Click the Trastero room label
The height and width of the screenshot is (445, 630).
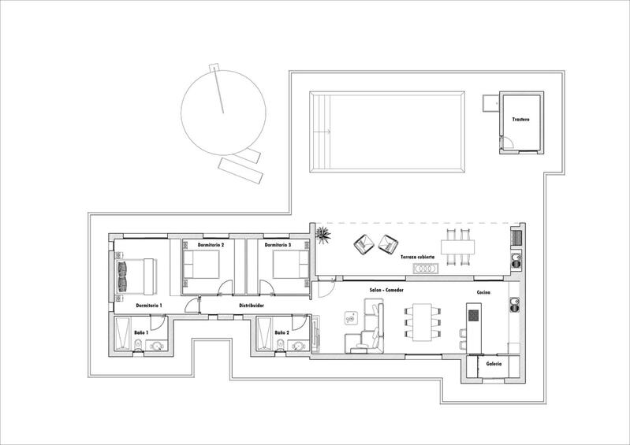point(520,120)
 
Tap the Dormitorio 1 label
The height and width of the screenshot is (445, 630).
point(149,306)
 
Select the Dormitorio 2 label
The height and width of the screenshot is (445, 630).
point(211,245)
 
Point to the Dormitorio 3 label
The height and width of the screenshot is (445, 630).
point(278,245)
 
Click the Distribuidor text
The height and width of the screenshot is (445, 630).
point(252,306)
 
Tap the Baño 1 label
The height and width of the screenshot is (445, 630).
point(141,332)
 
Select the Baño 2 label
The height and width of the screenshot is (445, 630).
point(281,332)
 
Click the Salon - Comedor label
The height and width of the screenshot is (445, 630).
point(386,290)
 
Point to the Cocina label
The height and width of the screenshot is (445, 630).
point(483,292)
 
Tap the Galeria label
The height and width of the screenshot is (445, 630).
point(494,364)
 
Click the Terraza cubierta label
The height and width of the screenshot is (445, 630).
point(417,257)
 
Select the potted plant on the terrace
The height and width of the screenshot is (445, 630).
point(322,235)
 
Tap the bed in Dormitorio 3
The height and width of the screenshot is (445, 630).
point(291,264)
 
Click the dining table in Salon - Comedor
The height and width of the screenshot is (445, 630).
point(422,322)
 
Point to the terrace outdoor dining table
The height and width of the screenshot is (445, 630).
point(457,247)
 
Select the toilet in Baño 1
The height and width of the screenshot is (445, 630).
point(138,345)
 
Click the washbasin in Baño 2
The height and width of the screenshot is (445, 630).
point(298,345)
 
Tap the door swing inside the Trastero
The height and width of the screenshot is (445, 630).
point(508,143)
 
